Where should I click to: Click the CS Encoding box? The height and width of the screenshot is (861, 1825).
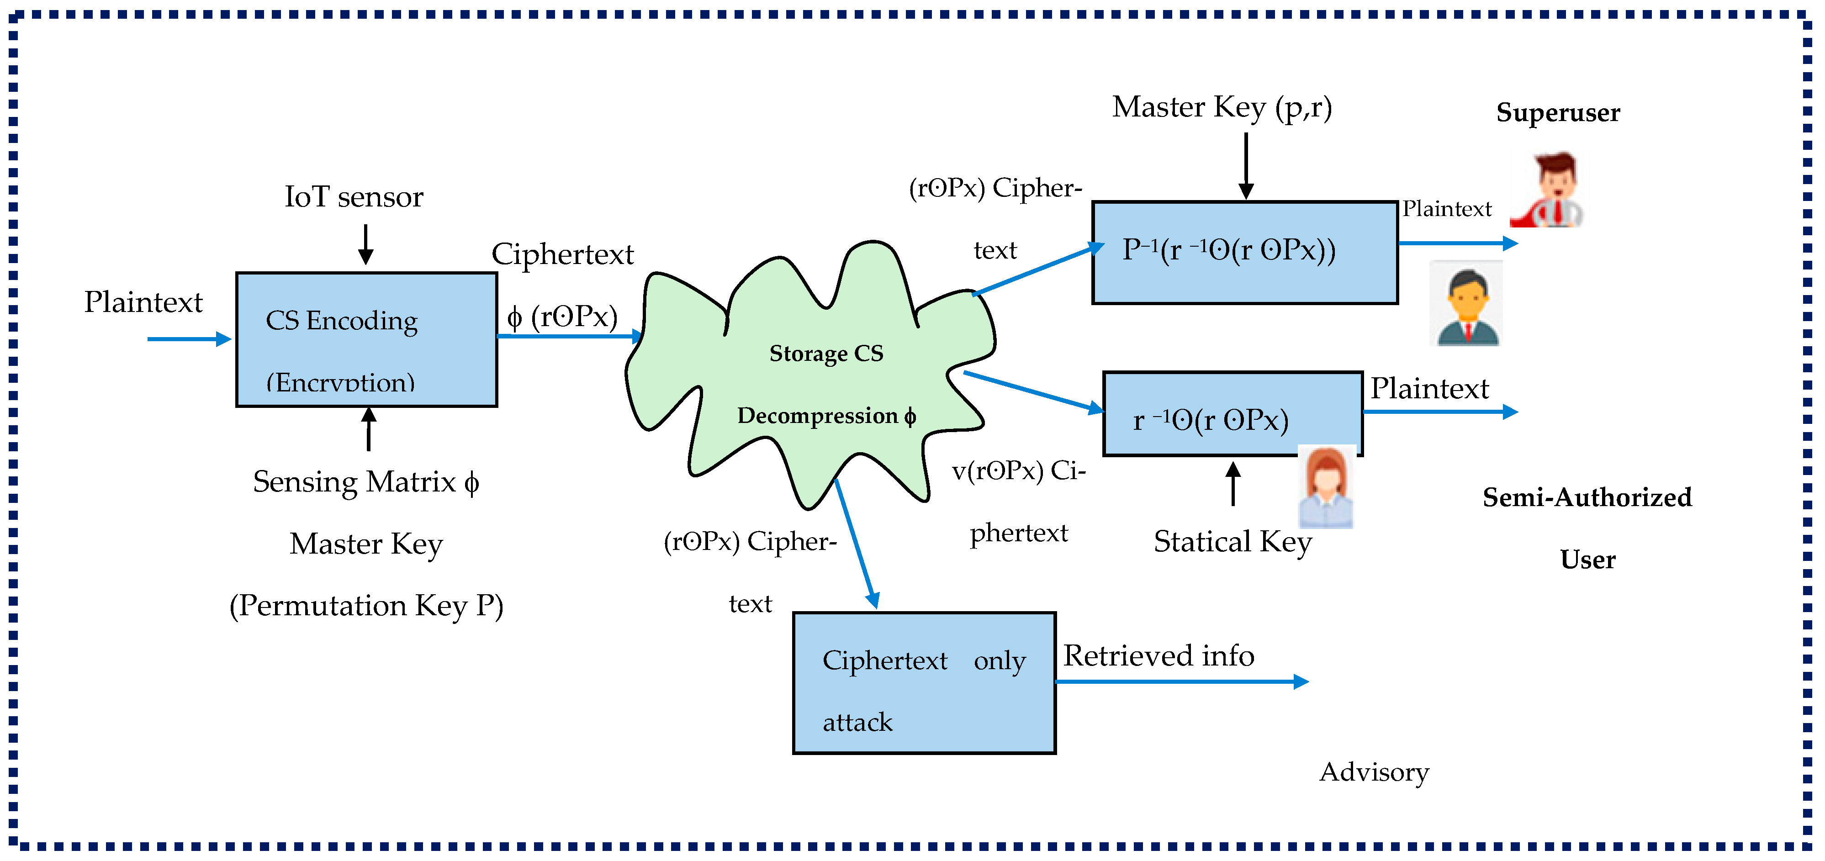click(x=366, y=339)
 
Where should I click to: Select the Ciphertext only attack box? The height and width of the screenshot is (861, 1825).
click(x=924, y=682)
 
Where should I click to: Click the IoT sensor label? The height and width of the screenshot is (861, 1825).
click(x=354, y=197)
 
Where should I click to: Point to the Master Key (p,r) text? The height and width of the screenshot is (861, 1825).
click(x=1222, y=108)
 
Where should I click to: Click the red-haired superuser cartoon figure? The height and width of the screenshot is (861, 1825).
click(x=1549, y=190)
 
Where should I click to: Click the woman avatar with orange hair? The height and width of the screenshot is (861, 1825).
click(x=1326, y=487)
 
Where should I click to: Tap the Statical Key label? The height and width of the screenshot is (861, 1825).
click(x=1232, y=542)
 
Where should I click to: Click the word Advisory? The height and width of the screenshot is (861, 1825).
click(x=1373, y=772)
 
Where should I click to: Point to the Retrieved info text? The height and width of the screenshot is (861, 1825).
click(x=1158, y=655)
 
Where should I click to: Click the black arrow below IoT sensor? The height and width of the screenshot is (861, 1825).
click(x=365, y=244)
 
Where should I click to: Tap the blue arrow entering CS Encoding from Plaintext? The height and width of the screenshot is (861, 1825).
click(x=189, y=339)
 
